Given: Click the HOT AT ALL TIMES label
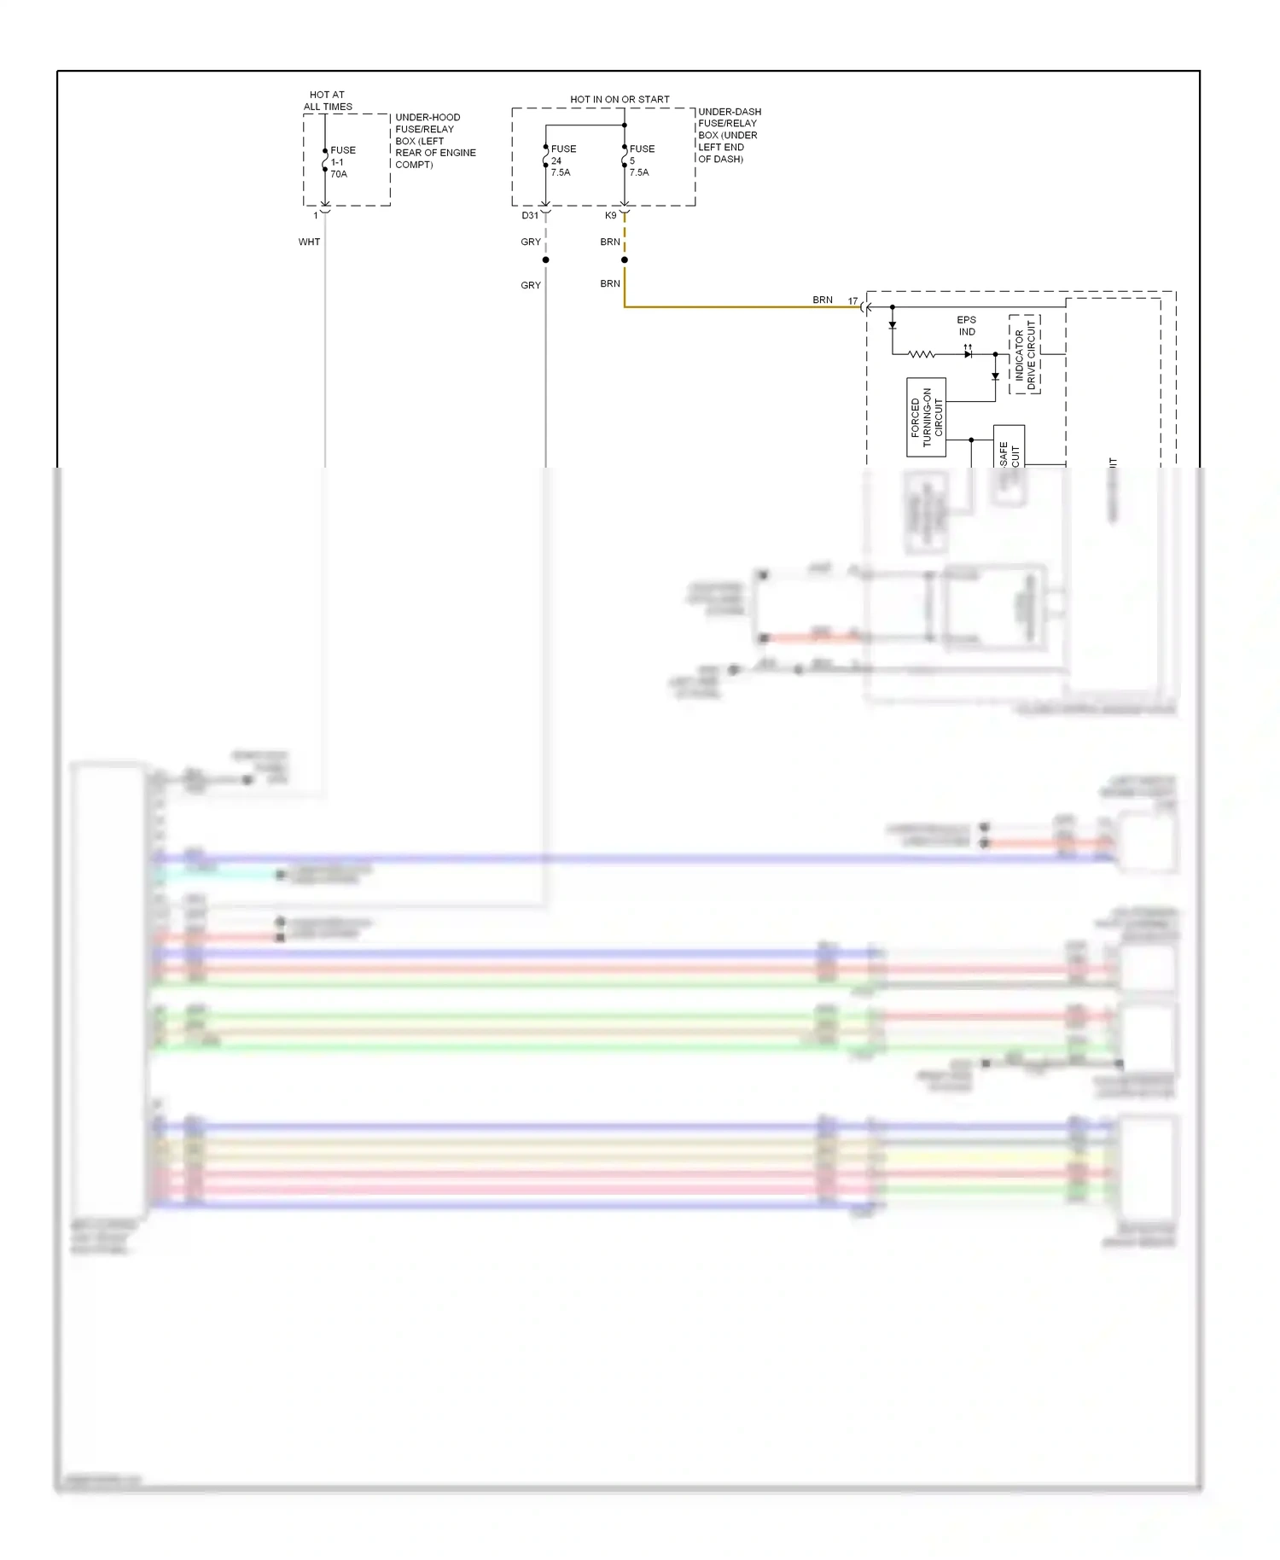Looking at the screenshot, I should pyautogui.click(x=328, y=101).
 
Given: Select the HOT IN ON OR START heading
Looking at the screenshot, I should pyautogui.click(x=620, y=99).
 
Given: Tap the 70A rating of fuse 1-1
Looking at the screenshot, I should pyautogui.click(x=339, y=174).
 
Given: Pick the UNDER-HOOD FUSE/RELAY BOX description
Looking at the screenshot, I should pyautogui.click(x=434, y=141).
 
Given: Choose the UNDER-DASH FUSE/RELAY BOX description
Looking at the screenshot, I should pyautogui.click(x=729, y=135).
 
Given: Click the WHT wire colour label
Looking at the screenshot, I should pyautogui.click(x=309, y=242).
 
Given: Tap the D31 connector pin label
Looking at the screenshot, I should pyautogui.click(x=530, y=215).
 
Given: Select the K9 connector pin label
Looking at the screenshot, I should pyautogui.click(x=610, y=215).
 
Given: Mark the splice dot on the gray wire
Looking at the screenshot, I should pyautogui.click(x=545, y=259).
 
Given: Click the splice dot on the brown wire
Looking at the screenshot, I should pyautogui.click(x=625, y=259).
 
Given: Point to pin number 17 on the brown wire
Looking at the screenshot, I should pyautogui.click(x=852, y=300).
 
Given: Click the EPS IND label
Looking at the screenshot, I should pyautogui.click(x=966, y=326).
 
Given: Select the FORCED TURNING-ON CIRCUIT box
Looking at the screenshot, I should pyautogui.click(x=926, y=417).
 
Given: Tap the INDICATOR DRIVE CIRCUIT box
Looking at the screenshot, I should pyautogui.click(x=1024, y=354).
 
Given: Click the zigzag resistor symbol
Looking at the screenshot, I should pyautogui.click(x=922, y=354).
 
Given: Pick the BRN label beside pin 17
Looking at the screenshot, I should pyautogui.click(x=822, y=300).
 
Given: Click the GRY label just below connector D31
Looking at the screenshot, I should pyautogui.click(x=530, y=242).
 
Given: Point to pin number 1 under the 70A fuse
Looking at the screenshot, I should pyautogui.click(x=316, y=215).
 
